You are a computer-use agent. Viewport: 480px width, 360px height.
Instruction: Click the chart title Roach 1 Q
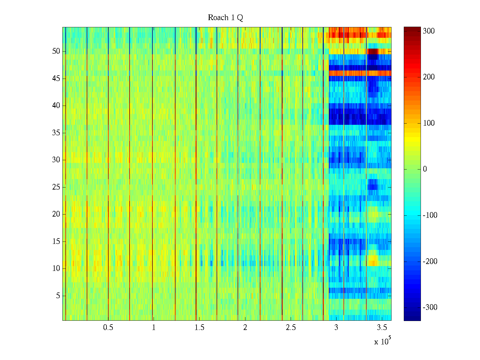coord(225,18)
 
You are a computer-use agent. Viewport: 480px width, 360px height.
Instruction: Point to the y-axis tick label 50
coord(56,51)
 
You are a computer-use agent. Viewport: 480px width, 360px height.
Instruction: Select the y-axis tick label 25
coord(56,187)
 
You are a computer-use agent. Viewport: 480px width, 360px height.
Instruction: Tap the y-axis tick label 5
coord(58,296)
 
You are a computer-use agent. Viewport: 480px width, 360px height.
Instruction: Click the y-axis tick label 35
coord(56,133)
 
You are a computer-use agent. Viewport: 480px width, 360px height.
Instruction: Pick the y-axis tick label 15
coord(56,241)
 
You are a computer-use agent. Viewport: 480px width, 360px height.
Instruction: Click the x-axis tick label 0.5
coord(108,328)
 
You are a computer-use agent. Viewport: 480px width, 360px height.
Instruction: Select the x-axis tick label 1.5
coord(199,328)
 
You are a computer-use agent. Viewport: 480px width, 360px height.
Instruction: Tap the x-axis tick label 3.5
coord(382,328)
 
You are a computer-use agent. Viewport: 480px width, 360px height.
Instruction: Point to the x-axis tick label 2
coord(245,328)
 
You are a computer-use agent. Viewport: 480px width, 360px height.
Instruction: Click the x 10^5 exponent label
coord(382,341)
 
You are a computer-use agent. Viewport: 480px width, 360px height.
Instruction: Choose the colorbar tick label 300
coord(428,31)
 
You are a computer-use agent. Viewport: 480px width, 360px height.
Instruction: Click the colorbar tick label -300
coord(430,307)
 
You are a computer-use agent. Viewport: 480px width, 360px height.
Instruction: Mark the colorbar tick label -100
coord(430,215)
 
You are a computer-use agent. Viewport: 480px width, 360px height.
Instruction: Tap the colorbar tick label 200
coord(428,77)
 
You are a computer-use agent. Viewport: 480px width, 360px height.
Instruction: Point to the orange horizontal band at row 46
coord(360,73)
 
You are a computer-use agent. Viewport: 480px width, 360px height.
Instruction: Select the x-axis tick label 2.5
coord(291,328)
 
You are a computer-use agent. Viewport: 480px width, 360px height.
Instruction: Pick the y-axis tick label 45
coord(56,79)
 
